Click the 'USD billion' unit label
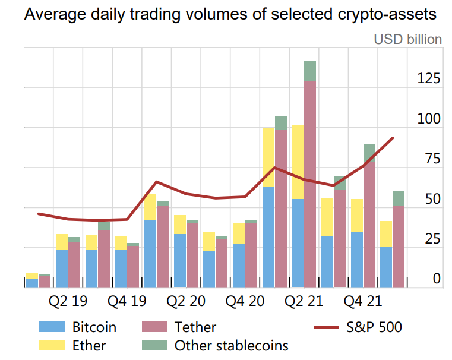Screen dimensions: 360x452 [407, 39]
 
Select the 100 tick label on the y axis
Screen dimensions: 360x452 [429, 119]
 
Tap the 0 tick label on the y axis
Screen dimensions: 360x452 [437, 279]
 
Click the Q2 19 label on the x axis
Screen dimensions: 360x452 [68, 302]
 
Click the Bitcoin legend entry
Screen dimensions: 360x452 [94, 327]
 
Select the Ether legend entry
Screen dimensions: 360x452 [89, 345]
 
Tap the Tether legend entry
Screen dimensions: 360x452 [195, 327]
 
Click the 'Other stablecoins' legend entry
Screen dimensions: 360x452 [232, 345]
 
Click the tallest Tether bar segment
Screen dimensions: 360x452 [310, 184]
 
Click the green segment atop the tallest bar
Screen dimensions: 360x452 [310, 71]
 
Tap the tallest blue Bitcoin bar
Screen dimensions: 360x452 [268, 237]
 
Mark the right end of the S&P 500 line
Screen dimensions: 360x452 [393, 138]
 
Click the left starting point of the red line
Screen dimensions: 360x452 [38, 214]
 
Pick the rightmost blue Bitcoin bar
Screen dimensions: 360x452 [385, 267]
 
